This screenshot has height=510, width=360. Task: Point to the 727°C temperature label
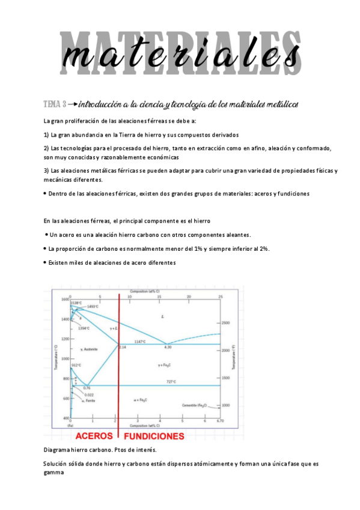click(171, 382)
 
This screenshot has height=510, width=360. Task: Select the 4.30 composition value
click(168, 347)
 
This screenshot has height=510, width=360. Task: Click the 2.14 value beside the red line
click(122, 347)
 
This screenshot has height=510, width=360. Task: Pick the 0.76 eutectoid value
click(87, 388)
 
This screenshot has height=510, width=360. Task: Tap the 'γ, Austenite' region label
click(88, 349)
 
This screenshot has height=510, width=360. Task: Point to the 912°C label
click(76, 365)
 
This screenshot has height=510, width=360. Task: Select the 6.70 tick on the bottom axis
click(221, 421)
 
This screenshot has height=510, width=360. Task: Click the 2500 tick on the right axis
click(226, 323)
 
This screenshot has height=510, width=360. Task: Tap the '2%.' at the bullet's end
click(264, 249)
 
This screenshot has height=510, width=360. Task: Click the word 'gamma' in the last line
click(54, 472)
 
